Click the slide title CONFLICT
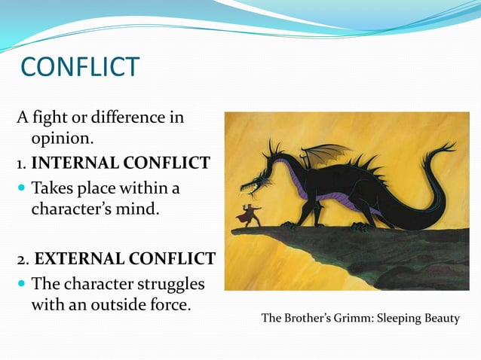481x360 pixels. pyautogui.click(x=80, y=67)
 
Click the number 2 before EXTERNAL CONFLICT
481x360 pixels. pyautogui.click(x=22, y=259)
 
